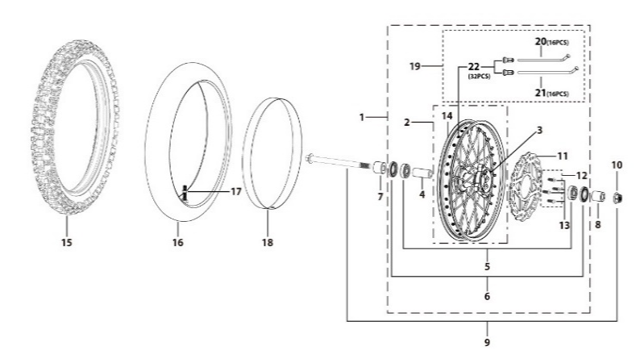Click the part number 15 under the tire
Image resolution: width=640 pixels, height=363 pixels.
tap(67, 243)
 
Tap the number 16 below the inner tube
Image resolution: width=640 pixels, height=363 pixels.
tap(177, 243)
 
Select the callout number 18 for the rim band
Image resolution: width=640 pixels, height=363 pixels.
tap(268, 243)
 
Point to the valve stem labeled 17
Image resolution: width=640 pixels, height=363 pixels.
tap(185, 193)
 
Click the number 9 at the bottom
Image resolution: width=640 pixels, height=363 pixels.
tap(487, 342)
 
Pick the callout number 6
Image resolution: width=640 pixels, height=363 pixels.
tap(487, 296)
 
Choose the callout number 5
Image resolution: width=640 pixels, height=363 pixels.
tap(487, 267)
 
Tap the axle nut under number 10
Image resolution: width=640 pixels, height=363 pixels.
tap(617, 198)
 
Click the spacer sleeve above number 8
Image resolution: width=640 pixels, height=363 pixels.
tap(597, 196)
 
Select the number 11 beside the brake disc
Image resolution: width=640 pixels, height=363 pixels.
tap(563, 156)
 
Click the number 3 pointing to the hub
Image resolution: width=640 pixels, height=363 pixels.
tap(539, 130)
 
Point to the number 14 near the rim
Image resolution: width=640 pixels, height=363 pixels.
tap(447, 116)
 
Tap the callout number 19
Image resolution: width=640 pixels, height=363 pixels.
tap(415, 66)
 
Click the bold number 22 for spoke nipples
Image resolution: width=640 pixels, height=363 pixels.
tap(473, 67)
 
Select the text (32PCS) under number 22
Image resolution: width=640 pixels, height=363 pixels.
tap(479, 77)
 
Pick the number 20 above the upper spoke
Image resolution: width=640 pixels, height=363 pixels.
tap(541, 41)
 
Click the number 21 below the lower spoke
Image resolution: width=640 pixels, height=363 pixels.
tap(541, 93)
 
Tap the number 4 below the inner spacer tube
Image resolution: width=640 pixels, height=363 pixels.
tap(422, 194)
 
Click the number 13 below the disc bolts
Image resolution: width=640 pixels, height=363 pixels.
tap(564, 225)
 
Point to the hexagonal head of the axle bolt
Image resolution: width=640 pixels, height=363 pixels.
tap(309, 157)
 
